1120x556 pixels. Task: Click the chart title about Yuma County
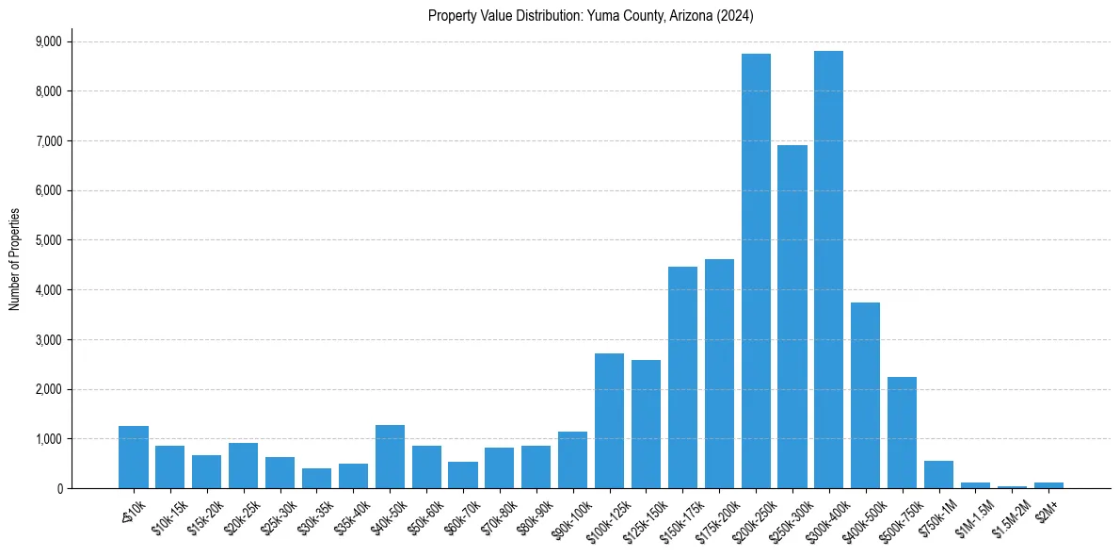tap(590, 16)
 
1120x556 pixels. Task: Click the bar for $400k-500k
tap(865, 396)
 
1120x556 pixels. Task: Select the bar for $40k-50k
tap(390, 457)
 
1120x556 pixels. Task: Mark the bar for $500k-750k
tap(902, 433)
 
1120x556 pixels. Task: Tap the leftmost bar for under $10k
tap(134, 457)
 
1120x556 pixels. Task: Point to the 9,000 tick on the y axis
tap(47, 41)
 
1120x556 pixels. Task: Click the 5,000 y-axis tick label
tap(47, 240)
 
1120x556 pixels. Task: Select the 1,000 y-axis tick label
tap(47, 439)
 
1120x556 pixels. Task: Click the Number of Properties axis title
tap(15, 258)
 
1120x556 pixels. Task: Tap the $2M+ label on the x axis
tap(1046, 508)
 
